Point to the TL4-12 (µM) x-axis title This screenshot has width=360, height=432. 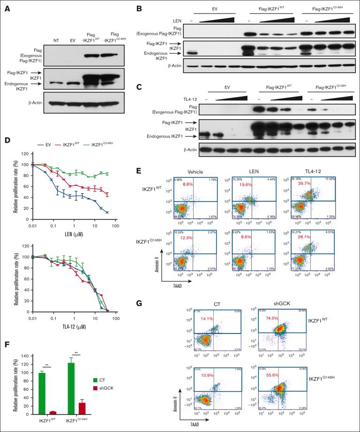(x=66, y=327)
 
